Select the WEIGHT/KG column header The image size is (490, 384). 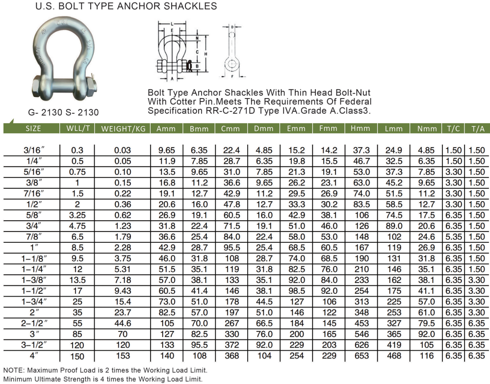tap(123, 129)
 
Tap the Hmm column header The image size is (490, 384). tap(361, 128)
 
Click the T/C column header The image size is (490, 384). tap(453, 128)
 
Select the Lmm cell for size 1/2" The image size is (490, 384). tap(394, 205)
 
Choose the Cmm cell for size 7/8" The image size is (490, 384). tap(231, 237)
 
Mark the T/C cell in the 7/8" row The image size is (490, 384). tap(453, 237)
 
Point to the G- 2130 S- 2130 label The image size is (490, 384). tap(63, 112)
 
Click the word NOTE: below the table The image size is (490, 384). tap(14, 370)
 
